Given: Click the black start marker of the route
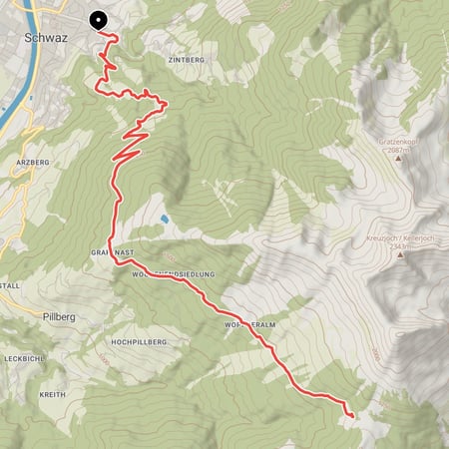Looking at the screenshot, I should click(99, 19).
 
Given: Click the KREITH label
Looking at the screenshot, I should click(52, 394).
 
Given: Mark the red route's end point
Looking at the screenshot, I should click(352, 413).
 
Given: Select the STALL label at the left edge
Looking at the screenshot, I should click(11, 285).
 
